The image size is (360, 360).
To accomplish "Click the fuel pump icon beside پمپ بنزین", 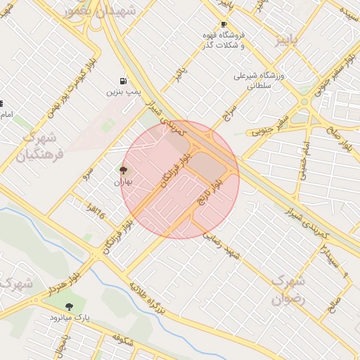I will [124, 81].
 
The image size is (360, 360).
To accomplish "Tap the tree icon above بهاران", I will [123, 169].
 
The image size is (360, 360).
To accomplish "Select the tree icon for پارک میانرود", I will [68, 307].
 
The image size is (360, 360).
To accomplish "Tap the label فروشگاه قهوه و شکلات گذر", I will [241, 40].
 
